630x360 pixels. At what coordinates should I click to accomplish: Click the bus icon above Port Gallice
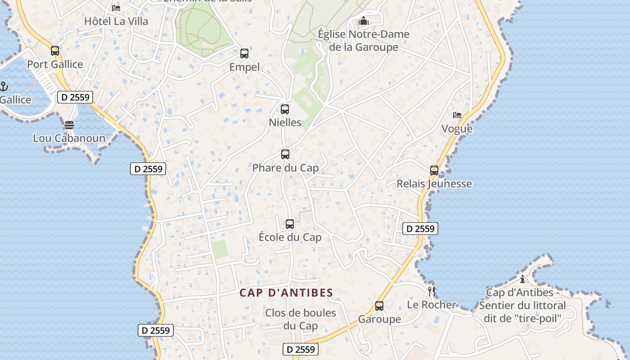[x=55, y=51]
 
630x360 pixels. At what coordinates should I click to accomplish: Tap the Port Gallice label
[x=55, y=64]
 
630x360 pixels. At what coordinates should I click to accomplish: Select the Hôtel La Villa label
[x=116, y=21]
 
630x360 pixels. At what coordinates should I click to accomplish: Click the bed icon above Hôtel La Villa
[x=116, y=8]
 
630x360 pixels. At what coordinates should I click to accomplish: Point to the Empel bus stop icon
[x=244, y=54]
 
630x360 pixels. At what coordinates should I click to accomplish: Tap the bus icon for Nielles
[x=285, y=109]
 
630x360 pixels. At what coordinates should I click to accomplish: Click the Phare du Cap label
[x=285, y=168]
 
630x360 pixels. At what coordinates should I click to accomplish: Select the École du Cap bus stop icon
[x=290, y=224]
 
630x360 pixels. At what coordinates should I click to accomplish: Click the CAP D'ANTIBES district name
[x=286, y=293]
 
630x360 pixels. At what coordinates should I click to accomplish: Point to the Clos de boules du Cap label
[x=301, y=319]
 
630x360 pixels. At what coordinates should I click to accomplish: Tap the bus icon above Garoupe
[x=379, y=306]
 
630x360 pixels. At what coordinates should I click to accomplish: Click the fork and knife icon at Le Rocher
[x=432, y=291]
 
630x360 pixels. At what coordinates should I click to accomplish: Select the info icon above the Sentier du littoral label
[x=522, y=279]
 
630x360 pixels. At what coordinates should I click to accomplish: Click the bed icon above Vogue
[x=457, y=115]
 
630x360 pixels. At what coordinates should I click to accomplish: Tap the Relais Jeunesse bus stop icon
[x=434, y=171]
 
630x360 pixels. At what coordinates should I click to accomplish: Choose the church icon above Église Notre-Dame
[x=364, y=21]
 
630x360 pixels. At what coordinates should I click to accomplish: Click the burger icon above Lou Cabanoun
[x=69, y=125]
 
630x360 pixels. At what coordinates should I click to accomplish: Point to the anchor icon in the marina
[x=4, y=86]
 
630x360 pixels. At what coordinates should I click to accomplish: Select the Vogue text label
[x=457, y=129]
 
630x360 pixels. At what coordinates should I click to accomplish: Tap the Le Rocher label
[x=432, y=305]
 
